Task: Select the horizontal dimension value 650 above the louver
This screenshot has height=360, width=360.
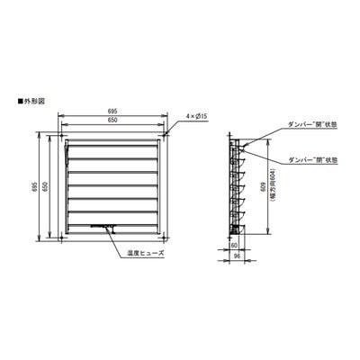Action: (x=113, y=121)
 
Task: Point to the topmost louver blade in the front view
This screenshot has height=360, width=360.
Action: (x=114, y=146)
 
